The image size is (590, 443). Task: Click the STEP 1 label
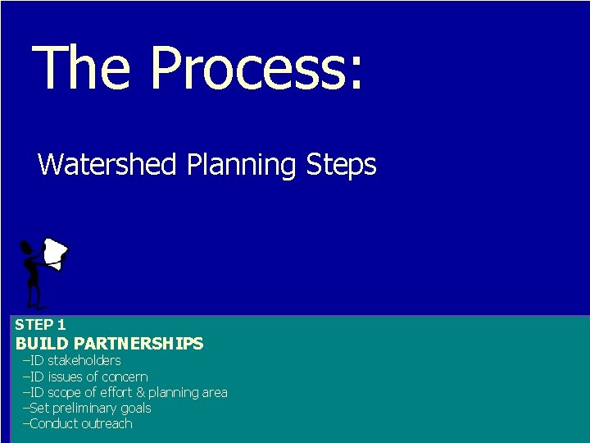point(40,325)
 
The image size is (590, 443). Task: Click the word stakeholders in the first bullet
point(84,360)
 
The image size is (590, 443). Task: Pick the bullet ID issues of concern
point(86,377)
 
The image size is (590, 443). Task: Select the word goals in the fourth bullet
point(136,409)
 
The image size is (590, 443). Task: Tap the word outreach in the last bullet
point(107,424)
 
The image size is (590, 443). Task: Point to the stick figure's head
point(26,247)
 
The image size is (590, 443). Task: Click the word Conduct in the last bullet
point(53,424)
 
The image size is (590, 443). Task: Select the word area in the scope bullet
point(215,393)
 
